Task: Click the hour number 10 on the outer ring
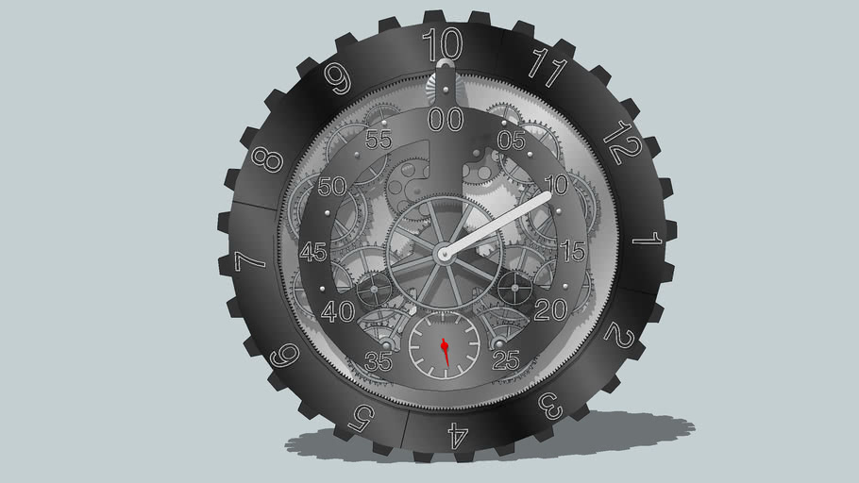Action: click(443, 43)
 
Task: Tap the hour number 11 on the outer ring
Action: click(548, 67)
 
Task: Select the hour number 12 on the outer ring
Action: click(622, 142)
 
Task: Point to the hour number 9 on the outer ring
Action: click(338, 77)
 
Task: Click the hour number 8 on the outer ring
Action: click(267, 160)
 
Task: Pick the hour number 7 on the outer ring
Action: click(249, 261)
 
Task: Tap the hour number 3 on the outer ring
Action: click(550, 406)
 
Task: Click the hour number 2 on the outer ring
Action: click(619, 336)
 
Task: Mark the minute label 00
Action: click(446, 120)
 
